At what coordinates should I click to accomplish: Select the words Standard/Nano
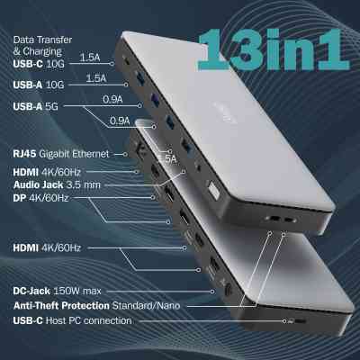158,305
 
